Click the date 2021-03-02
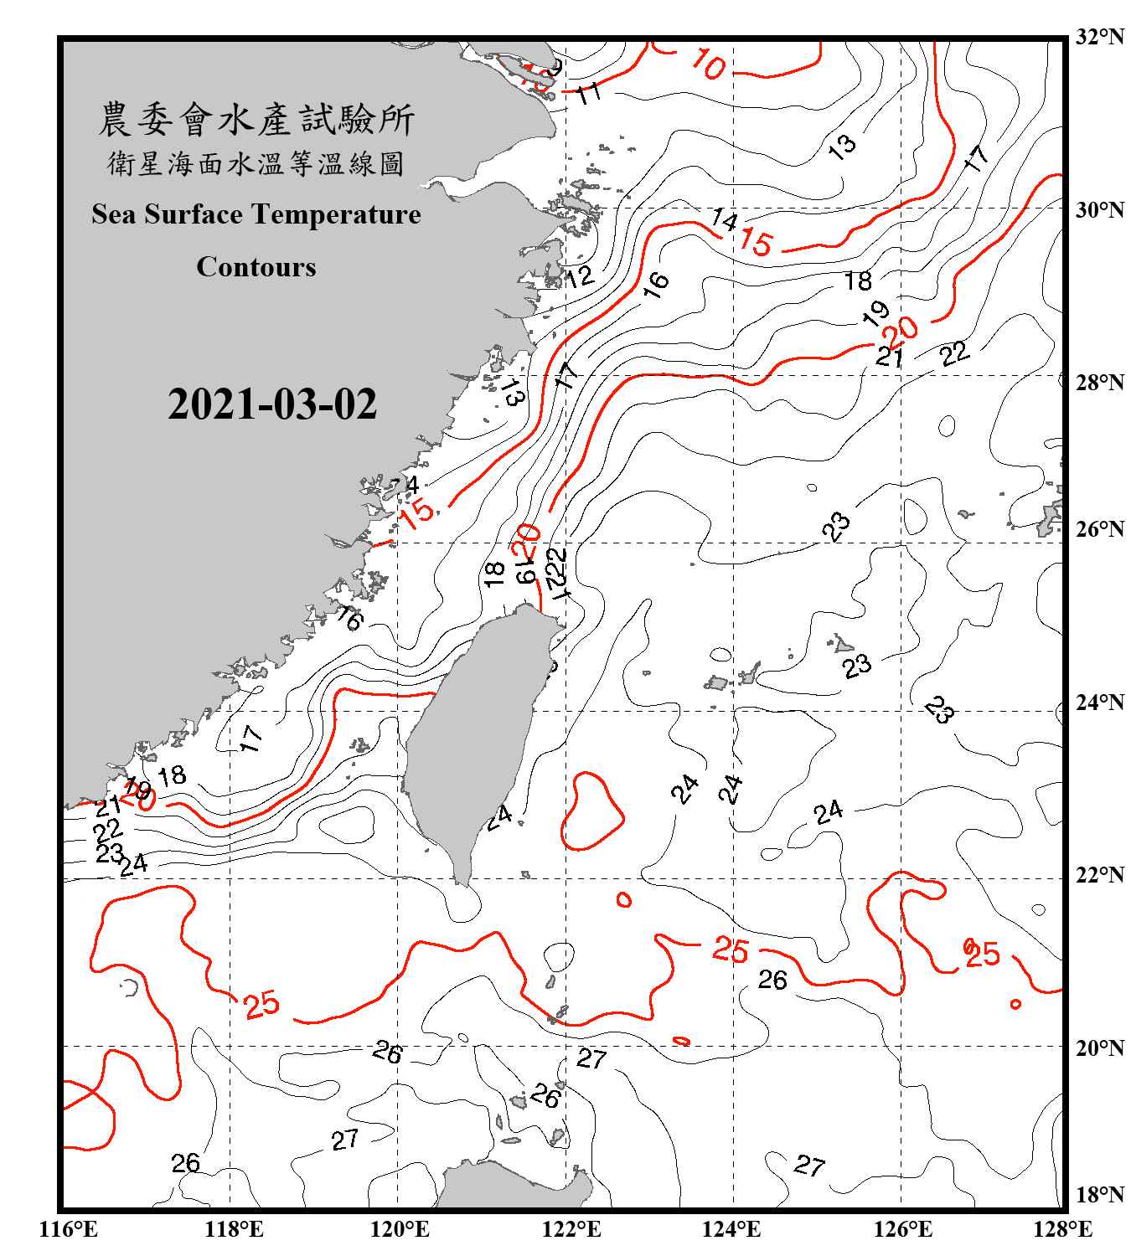(272, 404)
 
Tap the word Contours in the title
(256, 267)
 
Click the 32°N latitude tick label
(1099, 37)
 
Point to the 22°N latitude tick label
(1099, 875)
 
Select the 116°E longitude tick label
(69, 1229)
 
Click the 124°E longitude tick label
(731, 1229)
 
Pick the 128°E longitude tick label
(1062, 1229)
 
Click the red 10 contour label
(708, 64)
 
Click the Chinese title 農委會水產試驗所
(256, 120)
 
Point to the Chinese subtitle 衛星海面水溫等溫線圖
(256, 163)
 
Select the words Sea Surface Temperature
(256, 214)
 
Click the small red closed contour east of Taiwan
(591, 811)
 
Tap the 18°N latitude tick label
(1099, 1195)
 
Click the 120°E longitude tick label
(400, 1229)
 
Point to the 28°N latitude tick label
(1099, 383)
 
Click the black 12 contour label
(579, 276)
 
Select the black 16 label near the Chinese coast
(349, 619)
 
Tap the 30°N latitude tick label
(1099, 209)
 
